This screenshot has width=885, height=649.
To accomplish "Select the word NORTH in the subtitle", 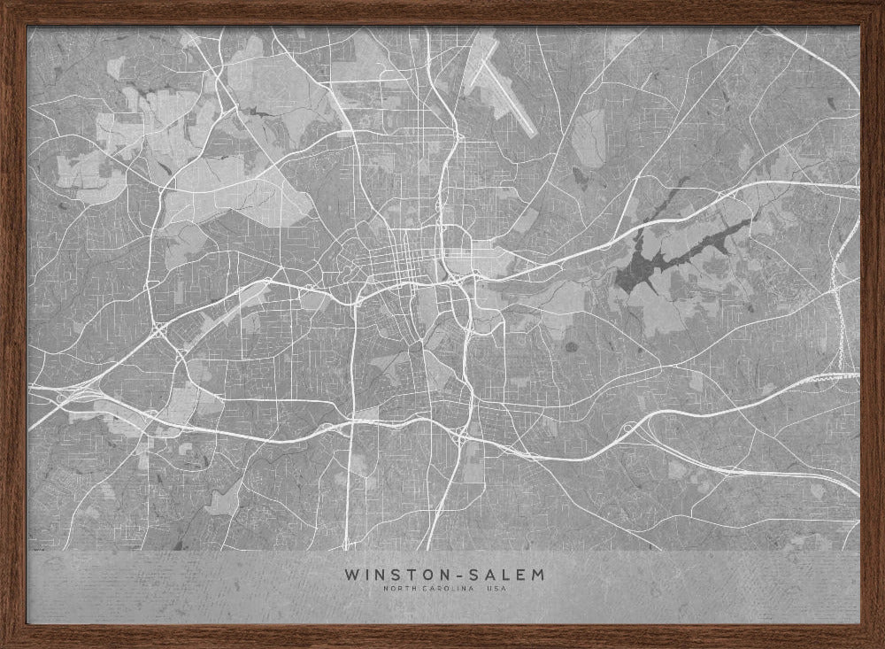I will pos(398,590).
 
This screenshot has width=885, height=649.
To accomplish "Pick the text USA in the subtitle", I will pos(496,590).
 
